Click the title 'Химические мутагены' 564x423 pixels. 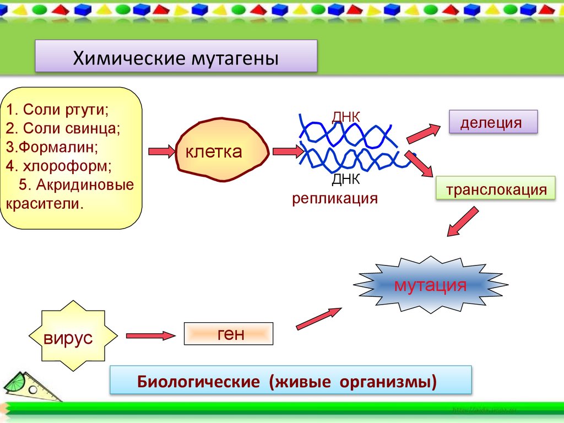pos(176,57)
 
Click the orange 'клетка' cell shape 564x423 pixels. pos(221,150)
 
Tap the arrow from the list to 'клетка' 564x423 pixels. pos(161,150)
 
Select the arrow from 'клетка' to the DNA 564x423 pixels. pos(287,150)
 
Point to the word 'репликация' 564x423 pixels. pos(335,198)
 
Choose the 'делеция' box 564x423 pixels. pos(492,122)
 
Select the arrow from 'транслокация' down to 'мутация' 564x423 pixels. pos(462,222)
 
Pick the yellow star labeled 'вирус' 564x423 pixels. pos(69,337)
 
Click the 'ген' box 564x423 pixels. pos(228,334)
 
